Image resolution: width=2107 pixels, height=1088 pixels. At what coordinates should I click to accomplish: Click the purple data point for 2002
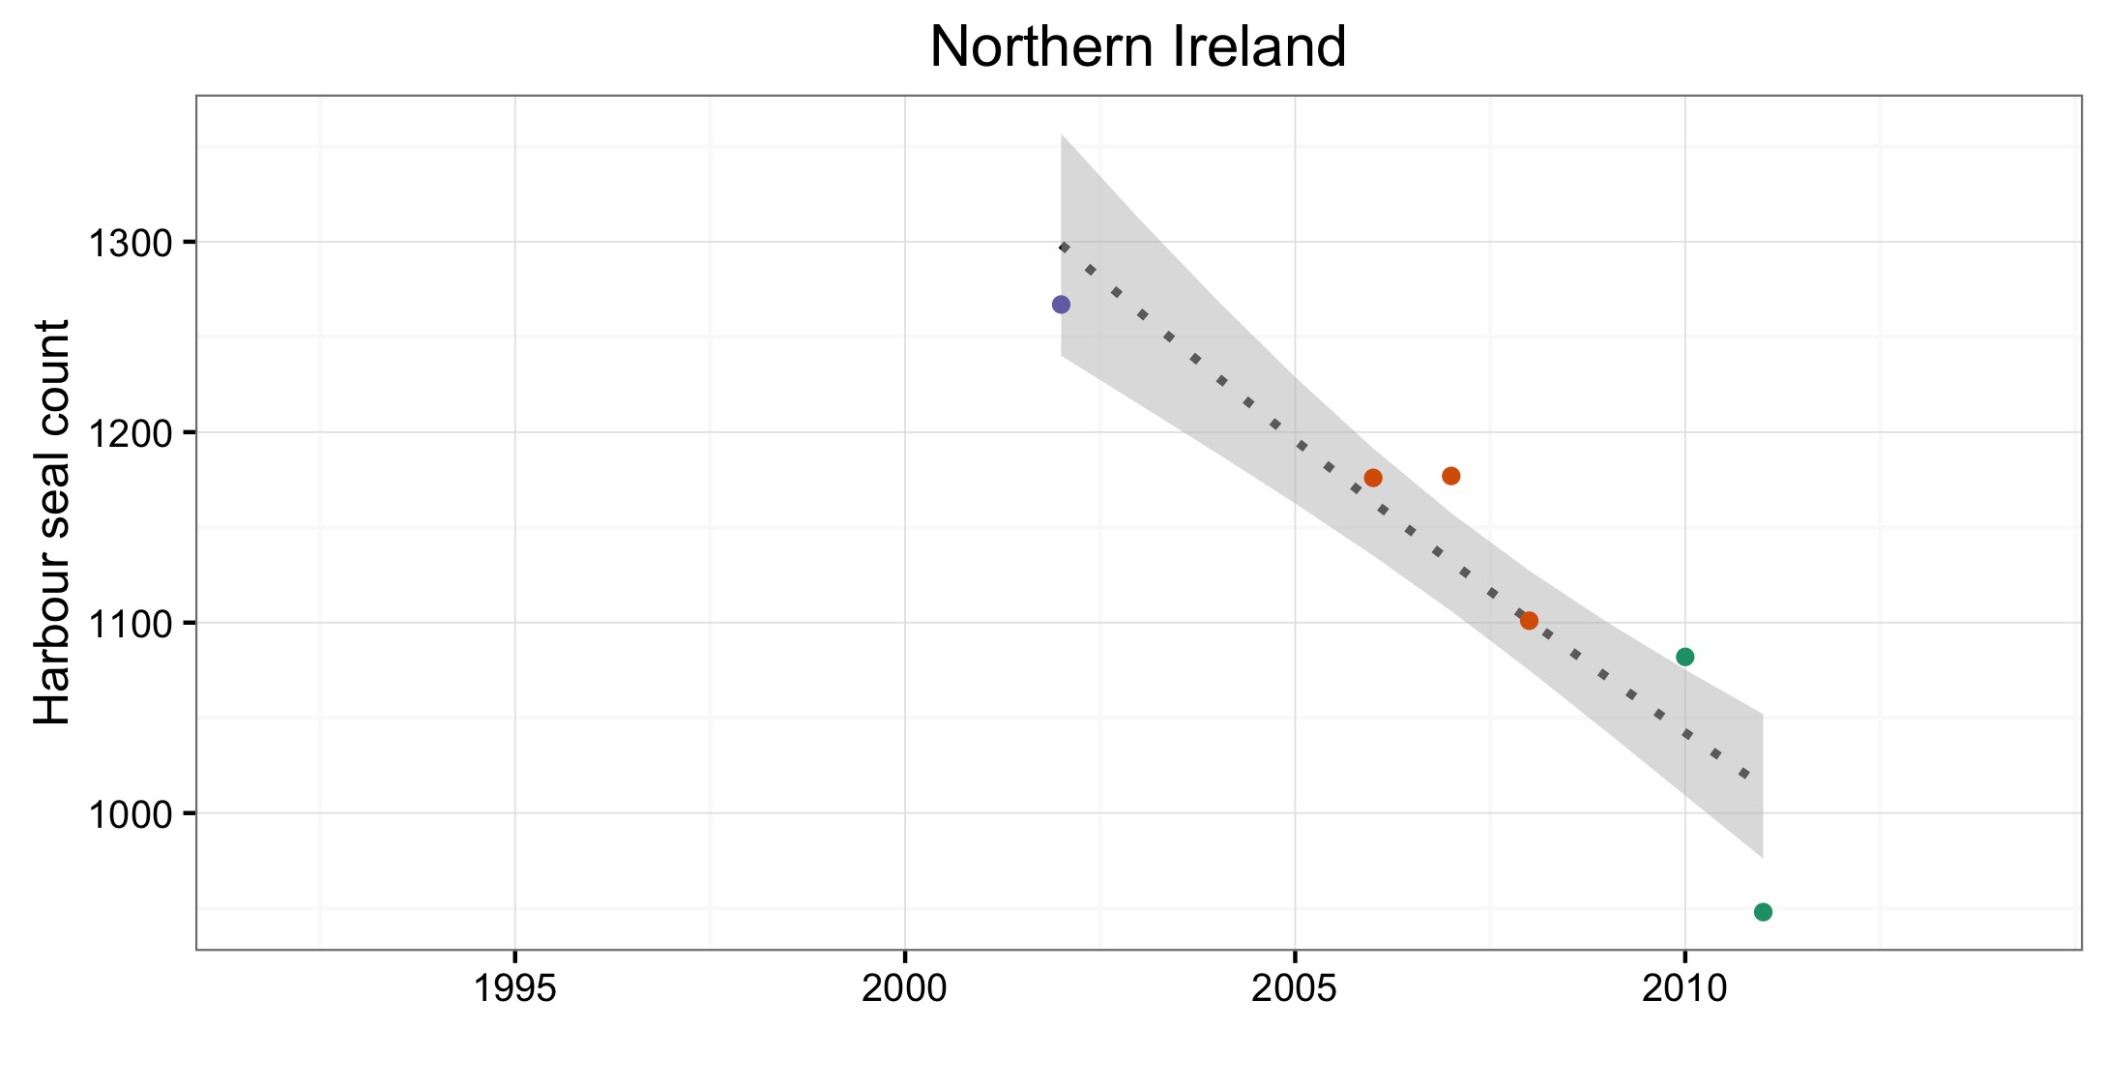pyautogui.click(x=1061, y=305)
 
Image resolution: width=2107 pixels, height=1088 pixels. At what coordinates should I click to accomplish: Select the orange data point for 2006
pyautogui.click(x=1373, y=478)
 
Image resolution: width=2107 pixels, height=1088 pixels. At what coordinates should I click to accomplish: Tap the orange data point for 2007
pyautogui.click(x=1451, y=476)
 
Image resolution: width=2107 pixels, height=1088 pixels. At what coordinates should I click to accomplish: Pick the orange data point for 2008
pyautogui.click(x=1529, y=621)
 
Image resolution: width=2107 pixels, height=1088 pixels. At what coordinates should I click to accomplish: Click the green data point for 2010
pyautogui.click(x=1685, y=657)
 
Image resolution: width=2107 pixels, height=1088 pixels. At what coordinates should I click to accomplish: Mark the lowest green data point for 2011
pyautogui.click(x=1763, y=912)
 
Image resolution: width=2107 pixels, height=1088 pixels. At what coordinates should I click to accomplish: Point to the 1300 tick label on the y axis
pyautogui.click(x=130, y=243)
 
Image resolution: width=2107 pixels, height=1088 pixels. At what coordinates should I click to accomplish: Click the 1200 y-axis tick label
pyautogui.click(x=130, y=433)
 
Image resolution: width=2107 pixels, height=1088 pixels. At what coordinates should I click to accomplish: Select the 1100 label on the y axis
pyautogui.click(x=130, y=624)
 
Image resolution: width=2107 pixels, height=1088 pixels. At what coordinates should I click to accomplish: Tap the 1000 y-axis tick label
pyautogui.click(x=130, y=814)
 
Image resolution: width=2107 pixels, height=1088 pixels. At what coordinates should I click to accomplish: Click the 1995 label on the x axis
pyautogui.click(x=515, y=988)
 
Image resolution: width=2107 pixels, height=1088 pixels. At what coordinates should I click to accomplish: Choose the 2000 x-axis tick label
pyautogui.click(x=905, y=988)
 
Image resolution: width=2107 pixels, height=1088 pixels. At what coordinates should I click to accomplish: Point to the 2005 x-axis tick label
pyautogui.click(x=1295, y=988)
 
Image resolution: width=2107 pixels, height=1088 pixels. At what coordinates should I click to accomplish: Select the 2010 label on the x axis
pyautogui.click(x=1685, y=988)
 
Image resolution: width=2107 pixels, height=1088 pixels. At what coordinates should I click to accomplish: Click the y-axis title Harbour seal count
pyautogui.click(x=53, y=522)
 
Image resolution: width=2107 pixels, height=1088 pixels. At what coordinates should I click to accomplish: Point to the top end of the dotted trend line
pyautogui.click(x=1063, y=248)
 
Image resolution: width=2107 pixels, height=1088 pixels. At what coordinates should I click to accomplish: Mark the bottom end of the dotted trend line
pyautogui.click(x=1746, y=775)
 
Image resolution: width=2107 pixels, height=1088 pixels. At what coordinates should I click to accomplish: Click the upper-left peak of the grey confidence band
pyautogui.click(x=1062, y=134)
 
